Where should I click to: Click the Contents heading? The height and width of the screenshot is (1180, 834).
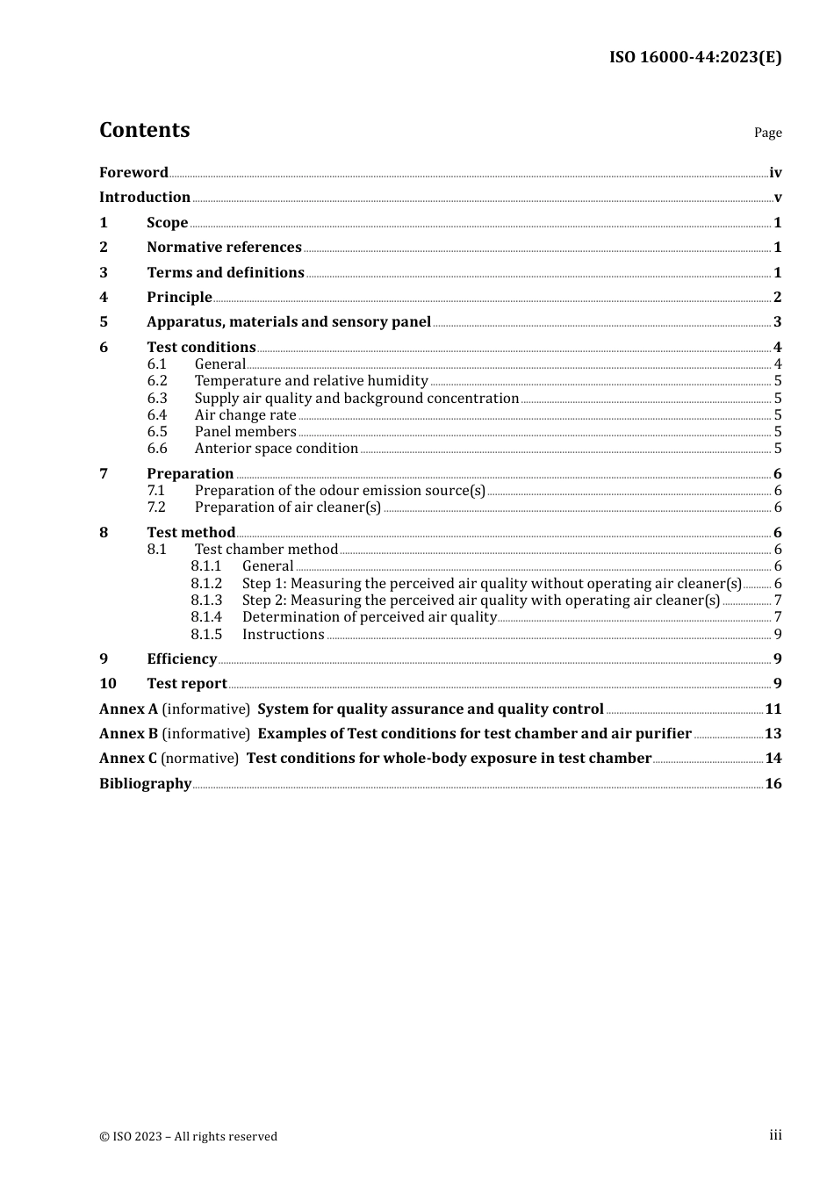click(144, 130)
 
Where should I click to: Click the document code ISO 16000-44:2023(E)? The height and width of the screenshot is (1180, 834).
click(694, 57)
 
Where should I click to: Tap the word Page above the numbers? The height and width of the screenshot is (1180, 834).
click(767, 133)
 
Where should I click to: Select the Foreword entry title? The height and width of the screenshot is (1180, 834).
click(133, 173)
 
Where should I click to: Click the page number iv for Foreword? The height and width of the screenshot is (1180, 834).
click(775, 173)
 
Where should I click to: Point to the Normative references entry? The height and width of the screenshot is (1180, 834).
click(224, 248)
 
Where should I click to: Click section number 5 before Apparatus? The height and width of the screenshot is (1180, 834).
click(104, 322)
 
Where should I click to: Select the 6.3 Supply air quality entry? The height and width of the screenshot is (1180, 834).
click(356, 399)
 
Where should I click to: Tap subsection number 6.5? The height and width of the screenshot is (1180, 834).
click(157, 432)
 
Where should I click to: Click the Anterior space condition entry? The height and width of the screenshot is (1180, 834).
click(276, 449)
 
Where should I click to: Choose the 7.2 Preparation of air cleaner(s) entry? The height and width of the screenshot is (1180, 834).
click(287, 507)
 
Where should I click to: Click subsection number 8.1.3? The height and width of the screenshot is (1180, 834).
click(206, 601)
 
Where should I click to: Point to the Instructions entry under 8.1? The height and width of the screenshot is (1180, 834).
click(283, 635)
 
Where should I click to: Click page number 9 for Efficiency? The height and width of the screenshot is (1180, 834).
click(778, 659)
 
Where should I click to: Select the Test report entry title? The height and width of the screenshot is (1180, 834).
click(187, 684)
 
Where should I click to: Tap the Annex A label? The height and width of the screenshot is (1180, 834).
click(128, 709)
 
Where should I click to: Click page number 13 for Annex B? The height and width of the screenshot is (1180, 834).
click(773, 734)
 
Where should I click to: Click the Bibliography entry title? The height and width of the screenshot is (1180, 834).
click(145, 784)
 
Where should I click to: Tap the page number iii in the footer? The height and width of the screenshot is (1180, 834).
click(775, 1135)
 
